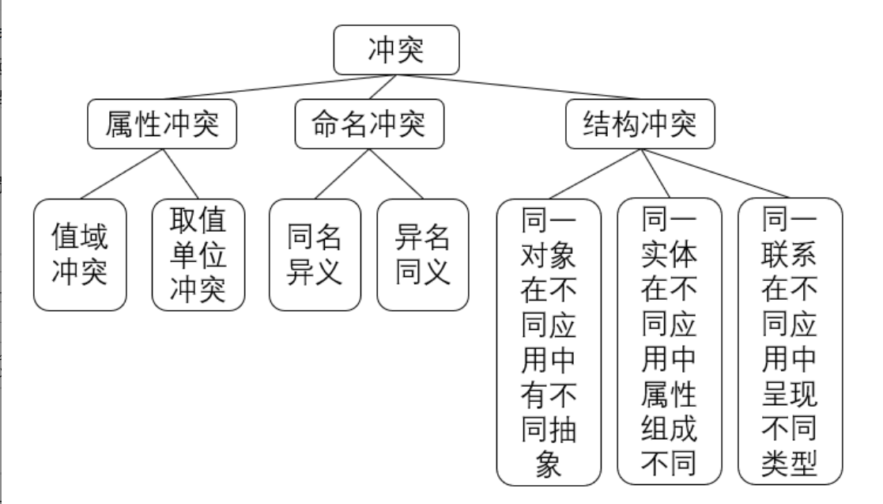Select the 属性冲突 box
pos(161,124)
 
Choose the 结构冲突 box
pos(640,124)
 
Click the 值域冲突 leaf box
pos(80,253)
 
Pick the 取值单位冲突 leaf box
pos(198,253)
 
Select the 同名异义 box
pos(315,253)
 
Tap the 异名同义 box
pos(422,253)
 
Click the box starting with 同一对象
pos(548,340)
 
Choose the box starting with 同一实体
pos(669,340)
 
